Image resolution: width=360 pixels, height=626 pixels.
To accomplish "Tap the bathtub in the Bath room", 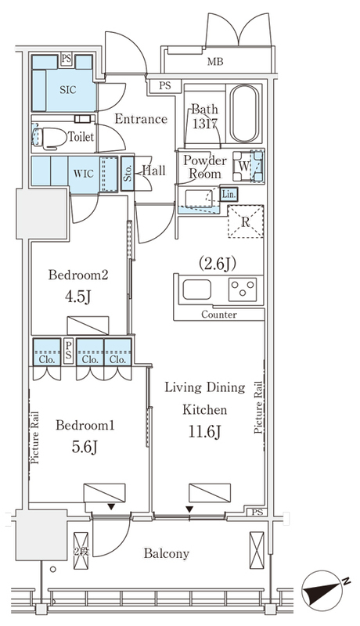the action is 243,114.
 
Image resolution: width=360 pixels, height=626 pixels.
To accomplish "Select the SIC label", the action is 68,90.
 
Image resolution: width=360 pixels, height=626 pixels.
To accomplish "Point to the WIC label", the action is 84,174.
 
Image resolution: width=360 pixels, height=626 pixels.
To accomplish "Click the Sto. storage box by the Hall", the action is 128,173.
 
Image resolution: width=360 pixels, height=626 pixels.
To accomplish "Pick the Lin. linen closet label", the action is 229,194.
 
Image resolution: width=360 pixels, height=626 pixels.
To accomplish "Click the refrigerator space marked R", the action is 246,221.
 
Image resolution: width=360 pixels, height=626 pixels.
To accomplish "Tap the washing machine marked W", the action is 243,166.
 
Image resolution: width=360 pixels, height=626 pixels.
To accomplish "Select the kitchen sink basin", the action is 196,290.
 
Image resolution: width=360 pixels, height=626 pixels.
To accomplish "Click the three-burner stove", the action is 243,290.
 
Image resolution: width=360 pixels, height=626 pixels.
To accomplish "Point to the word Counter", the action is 218,315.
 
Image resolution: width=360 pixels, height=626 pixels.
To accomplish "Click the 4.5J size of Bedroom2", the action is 78,297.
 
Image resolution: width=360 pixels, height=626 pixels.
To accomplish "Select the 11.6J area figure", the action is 205,432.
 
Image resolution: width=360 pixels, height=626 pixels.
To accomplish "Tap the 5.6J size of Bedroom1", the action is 85,447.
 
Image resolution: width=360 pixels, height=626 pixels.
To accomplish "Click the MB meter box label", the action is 215,62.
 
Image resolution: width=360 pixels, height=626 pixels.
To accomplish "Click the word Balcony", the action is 167,554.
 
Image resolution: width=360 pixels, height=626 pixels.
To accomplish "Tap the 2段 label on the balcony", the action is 81,552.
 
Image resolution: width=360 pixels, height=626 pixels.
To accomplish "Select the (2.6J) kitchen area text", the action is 218,264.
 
